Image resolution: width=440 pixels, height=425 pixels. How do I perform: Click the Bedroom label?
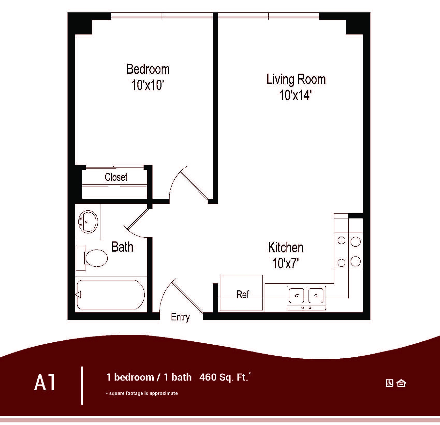click(148, 69)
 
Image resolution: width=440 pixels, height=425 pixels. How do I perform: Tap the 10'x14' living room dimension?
click(295, 95)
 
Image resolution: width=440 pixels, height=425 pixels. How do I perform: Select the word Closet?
click(116, 177)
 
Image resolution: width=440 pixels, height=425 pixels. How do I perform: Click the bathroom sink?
click(88, 222)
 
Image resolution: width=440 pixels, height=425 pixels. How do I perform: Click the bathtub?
click(111, 295)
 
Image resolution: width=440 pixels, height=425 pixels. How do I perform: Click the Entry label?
click(180, 317)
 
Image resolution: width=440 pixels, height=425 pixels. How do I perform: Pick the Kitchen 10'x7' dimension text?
click(285, 264)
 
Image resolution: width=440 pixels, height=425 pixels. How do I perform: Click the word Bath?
click(122, 247)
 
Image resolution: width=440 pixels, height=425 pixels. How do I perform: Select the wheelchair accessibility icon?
click(389, 383)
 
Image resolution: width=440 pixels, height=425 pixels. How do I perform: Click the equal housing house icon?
click(401, 383)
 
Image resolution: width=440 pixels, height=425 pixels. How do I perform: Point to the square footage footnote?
click(142, 393)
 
